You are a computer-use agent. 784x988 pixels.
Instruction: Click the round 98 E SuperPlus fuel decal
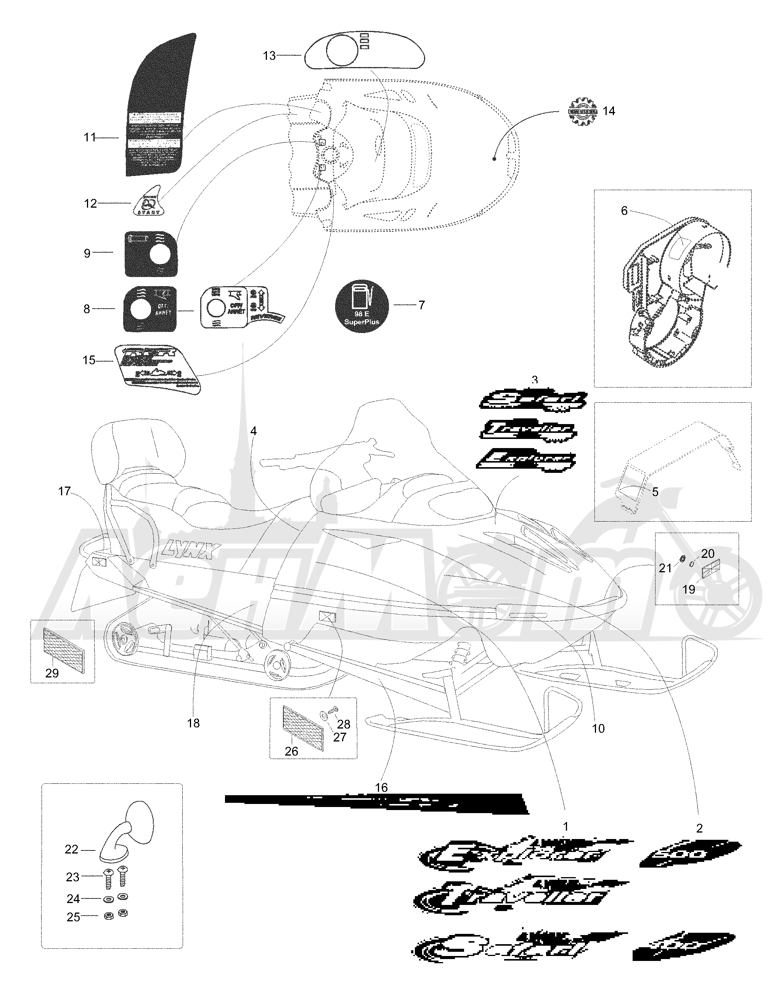[x=362, y=306]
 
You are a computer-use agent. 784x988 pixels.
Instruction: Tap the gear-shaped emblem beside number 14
[x=583, y=111]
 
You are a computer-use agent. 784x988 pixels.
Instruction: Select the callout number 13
[x=269, y=56]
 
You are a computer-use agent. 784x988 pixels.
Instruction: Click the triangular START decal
[x=148, y=203]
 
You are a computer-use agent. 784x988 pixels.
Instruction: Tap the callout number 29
[x=52, y=673]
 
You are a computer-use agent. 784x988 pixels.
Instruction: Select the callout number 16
[x=381, y=787]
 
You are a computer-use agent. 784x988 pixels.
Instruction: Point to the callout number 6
[x=624, y=211]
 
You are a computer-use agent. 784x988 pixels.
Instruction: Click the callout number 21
[x=665, y=568]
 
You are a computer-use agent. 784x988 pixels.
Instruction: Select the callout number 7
[x=422, y=305]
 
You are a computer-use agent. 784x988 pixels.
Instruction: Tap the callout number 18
[x=193, y=723]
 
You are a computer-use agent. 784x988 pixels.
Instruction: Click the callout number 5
[x=655, y=492]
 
